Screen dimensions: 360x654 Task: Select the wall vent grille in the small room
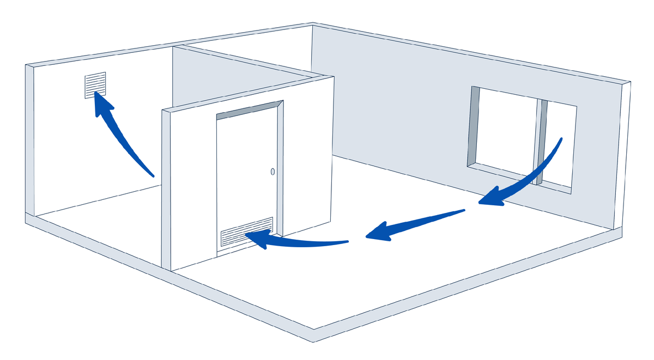click(x=95, y=85)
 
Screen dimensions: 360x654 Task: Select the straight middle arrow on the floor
click(x=414, y=223)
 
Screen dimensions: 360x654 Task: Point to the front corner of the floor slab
click(x=313, y=335)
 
